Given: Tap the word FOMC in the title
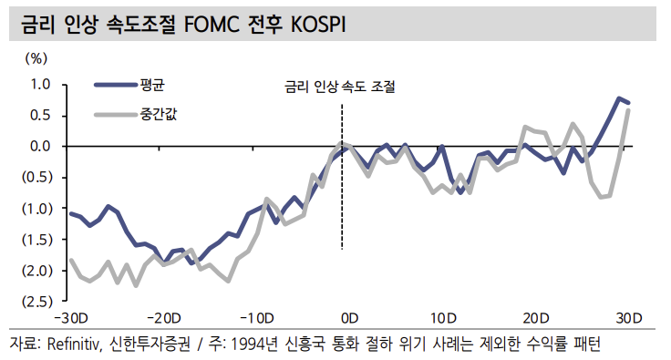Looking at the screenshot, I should click(x=212, y=26).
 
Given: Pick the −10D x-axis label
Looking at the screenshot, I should click(x=257, y=318).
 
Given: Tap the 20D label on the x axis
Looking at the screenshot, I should click(x=535, y=318).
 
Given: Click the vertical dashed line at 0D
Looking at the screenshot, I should click(x=342, y=201).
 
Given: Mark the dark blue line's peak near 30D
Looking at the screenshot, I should click(x=619, y=98).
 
